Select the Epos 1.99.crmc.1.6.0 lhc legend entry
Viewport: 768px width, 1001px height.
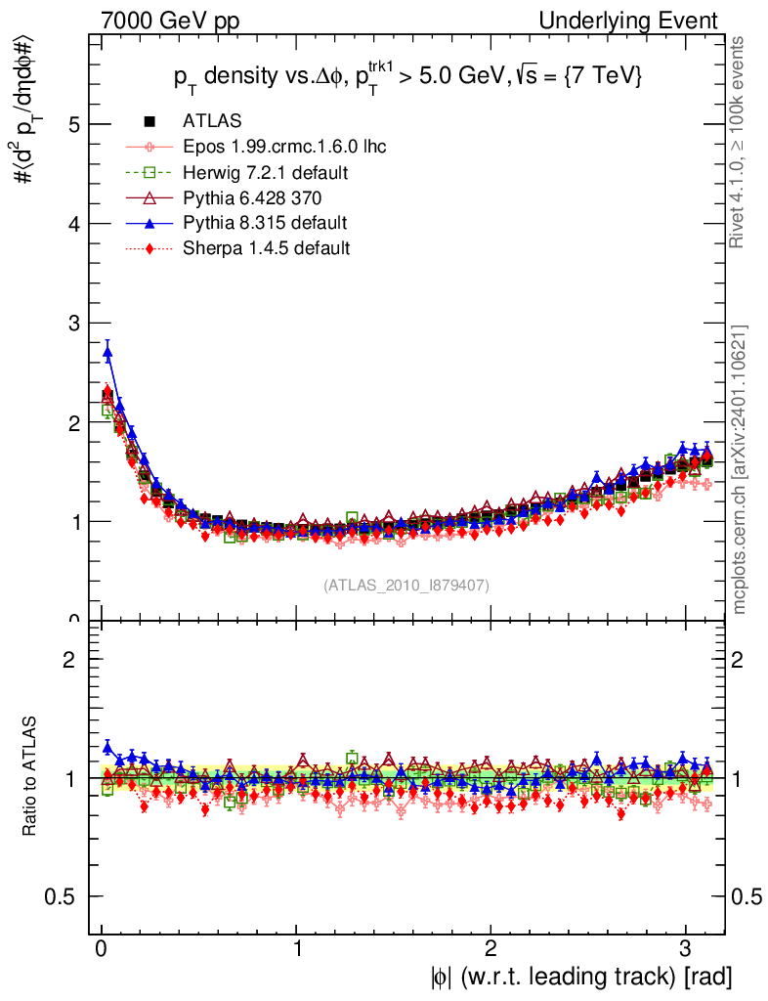tap(284, 147)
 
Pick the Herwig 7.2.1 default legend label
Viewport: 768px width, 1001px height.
tap(266, 172)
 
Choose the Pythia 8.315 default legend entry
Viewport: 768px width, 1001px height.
tap(265, 223)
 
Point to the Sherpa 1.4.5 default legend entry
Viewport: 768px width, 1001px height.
tap(266, 248)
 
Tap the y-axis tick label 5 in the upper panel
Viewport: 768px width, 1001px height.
tap(72, 124)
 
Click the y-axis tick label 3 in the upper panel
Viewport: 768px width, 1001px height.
tap(72, 323)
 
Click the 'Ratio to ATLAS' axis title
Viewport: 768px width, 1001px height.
tap(29, 777)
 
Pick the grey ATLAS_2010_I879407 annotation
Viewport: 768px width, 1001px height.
tap(406, 585)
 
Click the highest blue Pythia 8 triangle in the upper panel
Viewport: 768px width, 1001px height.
tap(107, 352)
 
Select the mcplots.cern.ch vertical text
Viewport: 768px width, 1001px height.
tap(740, 469)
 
